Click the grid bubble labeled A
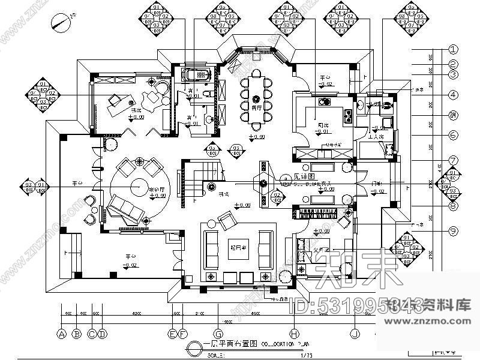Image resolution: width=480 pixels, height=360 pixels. click(61, 334)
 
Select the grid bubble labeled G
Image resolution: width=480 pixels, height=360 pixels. click(218, 334)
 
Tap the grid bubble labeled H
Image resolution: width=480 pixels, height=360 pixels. click(293, 334)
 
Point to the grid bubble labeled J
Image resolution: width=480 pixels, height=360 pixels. click(355, 334)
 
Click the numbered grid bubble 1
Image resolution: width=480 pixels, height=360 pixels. click(454, 50)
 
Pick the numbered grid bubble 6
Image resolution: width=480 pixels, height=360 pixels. click(454, 136)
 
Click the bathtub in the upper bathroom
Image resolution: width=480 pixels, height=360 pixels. click(197, 76)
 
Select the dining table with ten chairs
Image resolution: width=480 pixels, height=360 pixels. click(257, 98)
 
